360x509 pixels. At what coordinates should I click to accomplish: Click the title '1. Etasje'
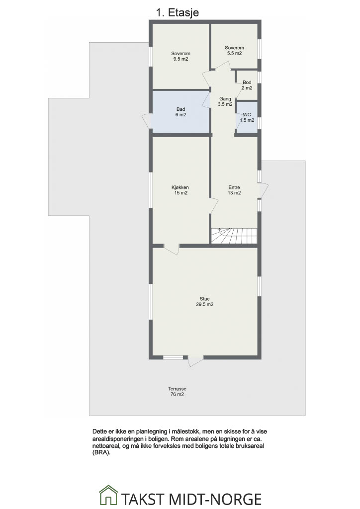177,12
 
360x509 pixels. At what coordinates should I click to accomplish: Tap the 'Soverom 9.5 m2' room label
181,56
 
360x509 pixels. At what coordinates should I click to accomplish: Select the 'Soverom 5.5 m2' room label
234,50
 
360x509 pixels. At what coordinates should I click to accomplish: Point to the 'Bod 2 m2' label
247,85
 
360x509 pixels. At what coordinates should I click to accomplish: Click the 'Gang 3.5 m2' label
225,101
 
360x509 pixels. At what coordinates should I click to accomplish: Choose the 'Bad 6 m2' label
181,112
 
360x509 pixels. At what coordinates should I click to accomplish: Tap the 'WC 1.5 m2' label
247,117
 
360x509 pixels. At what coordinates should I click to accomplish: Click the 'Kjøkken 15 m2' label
180,190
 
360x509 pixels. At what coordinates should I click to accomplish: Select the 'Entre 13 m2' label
234,190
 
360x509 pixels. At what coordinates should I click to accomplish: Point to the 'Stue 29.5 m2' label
205,302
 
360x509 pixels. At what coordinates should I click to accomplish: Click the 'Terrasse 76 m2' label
177,392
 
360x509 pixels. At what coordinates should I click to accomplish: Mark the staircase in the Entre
234,235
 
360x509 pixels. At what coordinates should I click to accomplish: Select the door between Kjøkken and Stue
172,249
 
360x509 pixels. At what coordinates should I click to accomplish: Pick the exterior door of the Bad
147,122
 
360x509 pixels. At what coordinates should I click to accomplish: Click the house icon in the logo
108,495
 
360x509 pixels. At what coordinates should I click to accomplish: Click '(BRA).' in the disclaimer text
101,453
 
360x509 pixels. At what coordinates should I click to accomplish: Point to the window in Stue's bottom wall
173,357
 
